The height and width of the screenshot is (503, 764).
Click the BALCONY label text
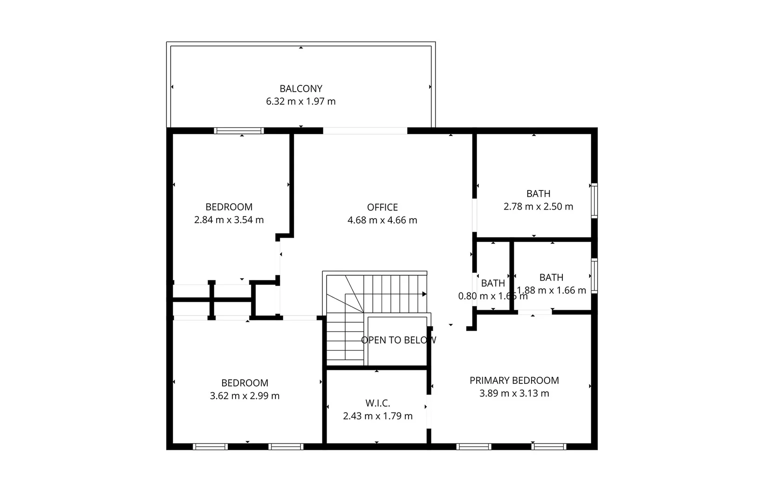[301, 88]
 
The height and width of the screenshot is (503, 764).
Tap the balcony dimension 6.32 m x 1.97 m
[301, 101]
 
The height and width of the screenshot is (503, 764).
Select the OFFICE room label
[382, 207]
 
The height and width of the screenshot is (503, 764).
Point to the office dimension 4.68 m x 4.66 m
[382, 220]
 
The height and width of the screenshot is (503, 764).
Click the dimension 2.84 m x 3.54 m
[229, 219]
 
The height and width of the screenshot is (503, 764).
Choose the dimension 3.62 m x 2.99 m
[245, 395]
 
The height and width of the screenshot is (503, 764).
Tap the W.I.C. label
[377, 403]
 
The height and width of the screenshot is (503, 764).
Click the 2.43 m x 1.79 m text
[377, 416]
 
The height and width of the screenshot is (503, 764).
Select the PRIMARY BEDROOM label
[514, 380]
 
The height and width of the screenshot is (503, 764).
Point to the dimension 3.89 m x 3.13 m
[514, 393]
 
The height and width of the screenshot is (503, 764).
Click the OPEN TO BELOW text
[399, 340]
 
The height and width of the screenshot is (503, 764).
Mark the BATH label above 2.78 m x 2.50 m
[538, 193]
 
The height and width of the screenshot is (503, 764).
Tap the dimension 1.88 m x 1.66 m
[552, 290]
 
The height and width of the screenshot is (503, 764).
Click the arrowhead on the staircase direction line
[424, 294]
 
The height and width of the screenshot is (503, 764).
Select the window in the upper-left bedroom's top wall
[239, 131]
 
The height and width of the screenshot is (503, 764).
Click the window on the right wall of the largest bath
[594, 201]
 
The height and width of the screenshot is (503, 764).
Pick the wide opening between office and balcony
[365, 131]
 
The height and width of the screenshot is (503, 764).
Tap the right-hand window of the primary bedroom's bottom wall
[549, 447]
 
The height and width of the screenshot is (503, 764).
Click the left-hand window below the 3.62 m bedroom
[210, 447]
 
